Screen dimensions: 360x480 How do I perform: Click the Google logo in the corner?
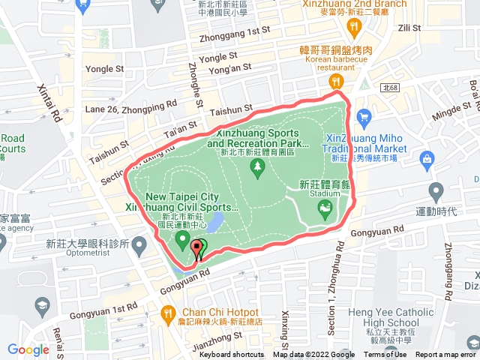(x=28, y=349)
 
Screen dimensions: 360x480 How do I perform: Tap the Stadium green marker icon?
(x=325, y=211)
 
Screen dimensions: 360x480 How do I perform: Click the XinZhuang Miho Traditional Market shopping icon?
(x=364, y=117)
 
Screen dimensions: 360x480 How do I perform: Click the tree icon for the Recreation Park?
(x=259, y=165)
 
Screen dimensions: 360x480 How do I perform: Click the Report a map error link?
(x=446, y=355)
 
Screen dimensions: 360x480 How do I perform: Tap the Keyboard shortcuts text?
(x=232, y=355)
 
